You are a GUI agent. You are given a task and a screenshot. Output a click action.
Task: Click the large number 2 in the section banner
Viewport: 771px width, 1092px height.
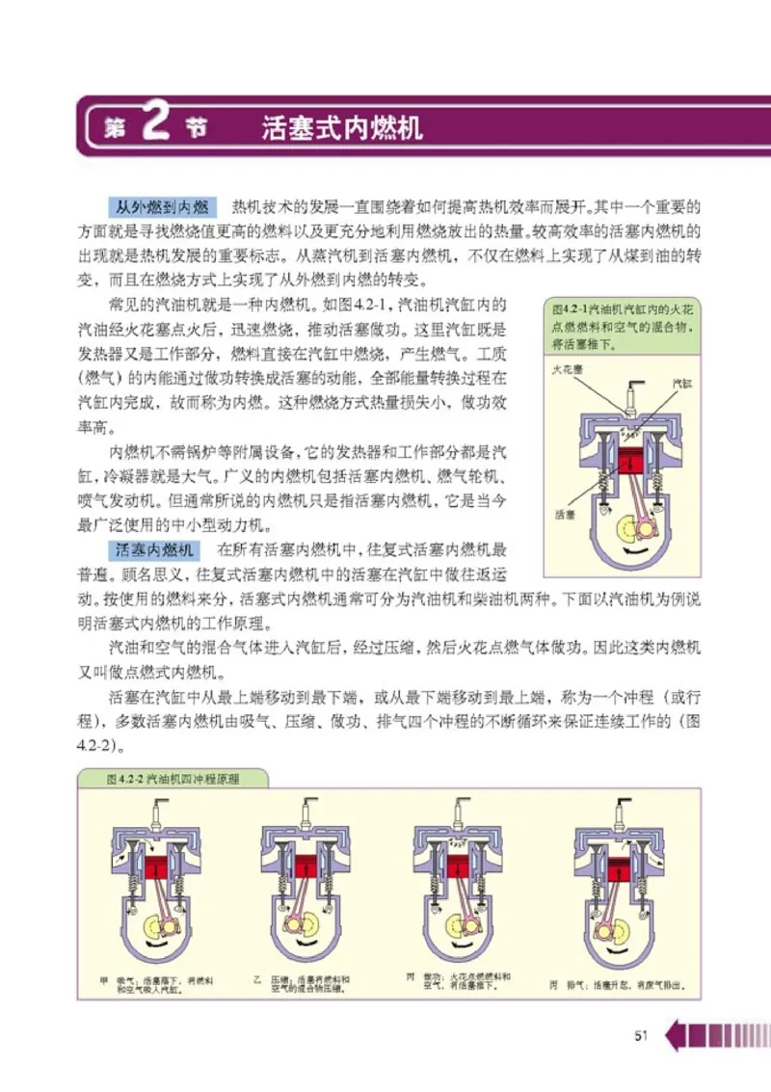pyautogui.click(x=155, y=125)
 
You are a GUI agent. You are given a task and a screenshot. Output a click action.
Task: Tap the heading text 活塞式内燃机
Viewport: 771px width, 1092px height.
pyautogui.click(x=342, y=128)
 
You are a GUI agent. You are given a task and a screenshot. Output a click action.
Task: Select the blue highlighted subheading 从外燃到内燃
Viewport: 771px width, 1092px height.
pyautogui.click(x=162, y=207)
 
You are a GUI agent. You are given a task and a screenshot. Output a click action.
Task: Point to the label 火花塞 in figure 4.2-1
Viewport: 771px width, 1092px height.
pyautogui.click(x=568, y=369)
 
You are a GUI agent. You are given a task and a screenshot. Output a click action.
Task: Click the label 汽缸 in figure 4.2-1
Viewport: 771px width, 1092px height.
pyautogui.click(x=681, y=383)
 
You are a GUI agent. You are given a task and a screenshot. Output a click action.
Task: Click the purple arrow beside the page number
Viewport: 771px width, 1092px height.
pyautogui.click(x=677, y=1035)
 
